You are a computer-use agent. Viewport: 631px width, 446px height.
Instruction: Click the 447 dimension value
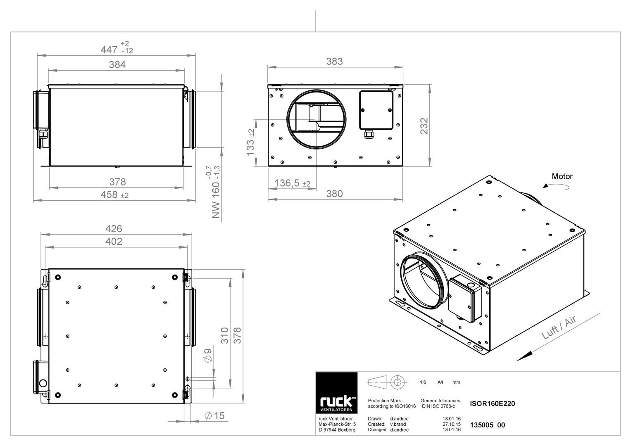pos(109,50)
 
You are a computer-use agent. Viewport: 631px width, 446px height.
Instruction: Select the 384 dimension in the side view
pos(117,65)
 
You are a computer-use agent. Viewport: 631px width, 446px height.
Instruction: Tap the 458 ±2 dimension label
pos(114,195)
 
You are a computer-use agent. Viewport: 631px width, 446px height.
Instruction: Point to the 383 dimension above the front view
pos(334,62)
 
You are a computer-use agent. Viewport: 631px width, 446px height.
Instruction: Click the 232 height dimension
pos(424,126)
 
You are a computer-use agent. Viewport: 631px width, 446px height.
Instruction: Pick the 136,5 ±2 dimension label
pos(292,183)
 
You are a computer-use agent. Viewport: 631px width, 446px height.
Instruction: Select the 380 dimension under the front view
pos(334,194)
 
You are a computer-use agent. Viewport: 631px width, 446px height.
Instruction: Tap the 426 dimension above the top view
pos(114,229)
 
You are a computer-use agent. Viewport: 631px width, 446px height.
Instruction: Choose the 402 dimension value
pos(114,242)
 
